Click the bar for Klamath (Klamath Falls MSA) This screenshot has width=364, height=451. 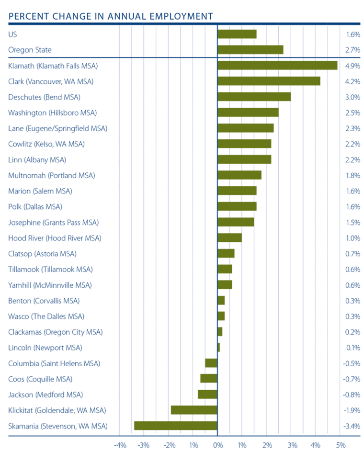[277, 66]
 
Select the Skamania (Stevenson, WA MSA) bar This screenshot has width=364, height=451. [176, 426]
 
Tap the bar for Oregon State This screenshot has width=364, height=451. [250, 50]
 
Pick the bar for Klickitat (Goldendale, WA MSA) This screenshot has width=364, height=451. [194, 410]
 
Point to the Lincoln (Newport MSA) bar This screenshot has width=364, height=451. [219, 347]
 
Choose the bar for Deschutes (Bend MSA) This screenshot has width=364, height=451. [254, 97]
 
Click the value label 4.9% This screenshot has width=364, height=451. [353, 66]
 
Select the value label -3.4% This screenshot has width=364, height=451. [352, 426]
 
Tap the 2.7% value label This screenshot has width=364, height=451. [353, 50]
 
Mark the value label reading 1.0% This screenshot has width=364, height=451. [353, 238]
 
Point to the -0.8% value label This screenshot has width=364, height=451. [352, 395]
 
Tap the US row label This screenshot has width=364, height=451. [13, 34]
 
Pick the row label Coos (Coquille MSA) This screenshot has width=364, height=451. [40, 379]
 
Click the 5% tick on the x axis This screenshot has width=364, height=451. [341, 445]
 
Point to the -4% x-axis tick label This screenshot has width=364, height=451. [120, 445]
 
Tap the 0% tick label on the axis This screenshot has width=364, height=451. [218, 445]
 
